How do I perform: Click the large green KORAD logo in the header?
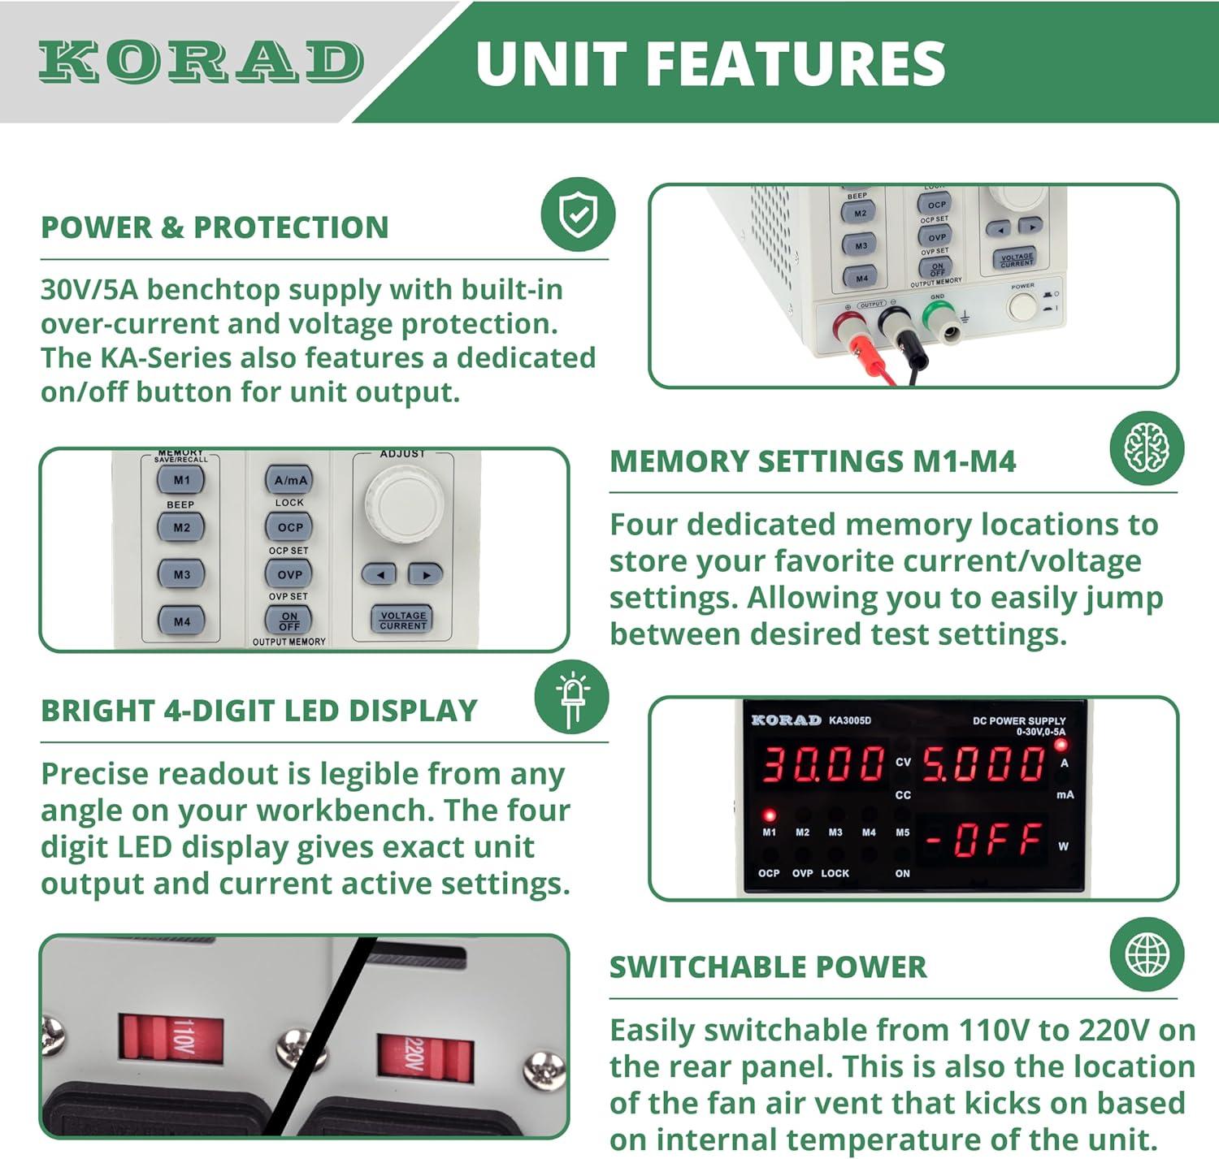click(201, 62)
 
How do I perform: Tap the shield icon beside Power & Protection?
click(578, 214)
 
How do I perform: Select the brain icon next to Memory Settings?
click(1147, 448)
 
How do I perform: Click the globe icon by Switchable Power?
click(1147, 954)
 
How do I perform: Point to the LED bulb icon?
click(571, 697)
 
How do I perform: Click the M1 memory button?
click(181, 480)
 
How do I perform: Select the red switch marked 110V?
click(171, 1037)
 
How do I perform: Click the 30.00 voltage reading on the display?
click(822, 763)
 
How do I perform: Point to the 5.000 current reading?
click(983, 763)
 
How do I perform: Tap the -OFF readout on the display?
click(983, 840)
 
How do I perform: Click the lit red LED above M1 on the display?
click(769, 815)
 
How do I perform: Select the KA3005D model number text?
click(850, 720)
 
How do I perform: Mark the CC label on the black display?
click(903, 795)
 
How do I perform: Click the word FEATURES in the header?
click(796, 63)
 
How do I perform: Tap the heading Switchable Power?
click(768, 967)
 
